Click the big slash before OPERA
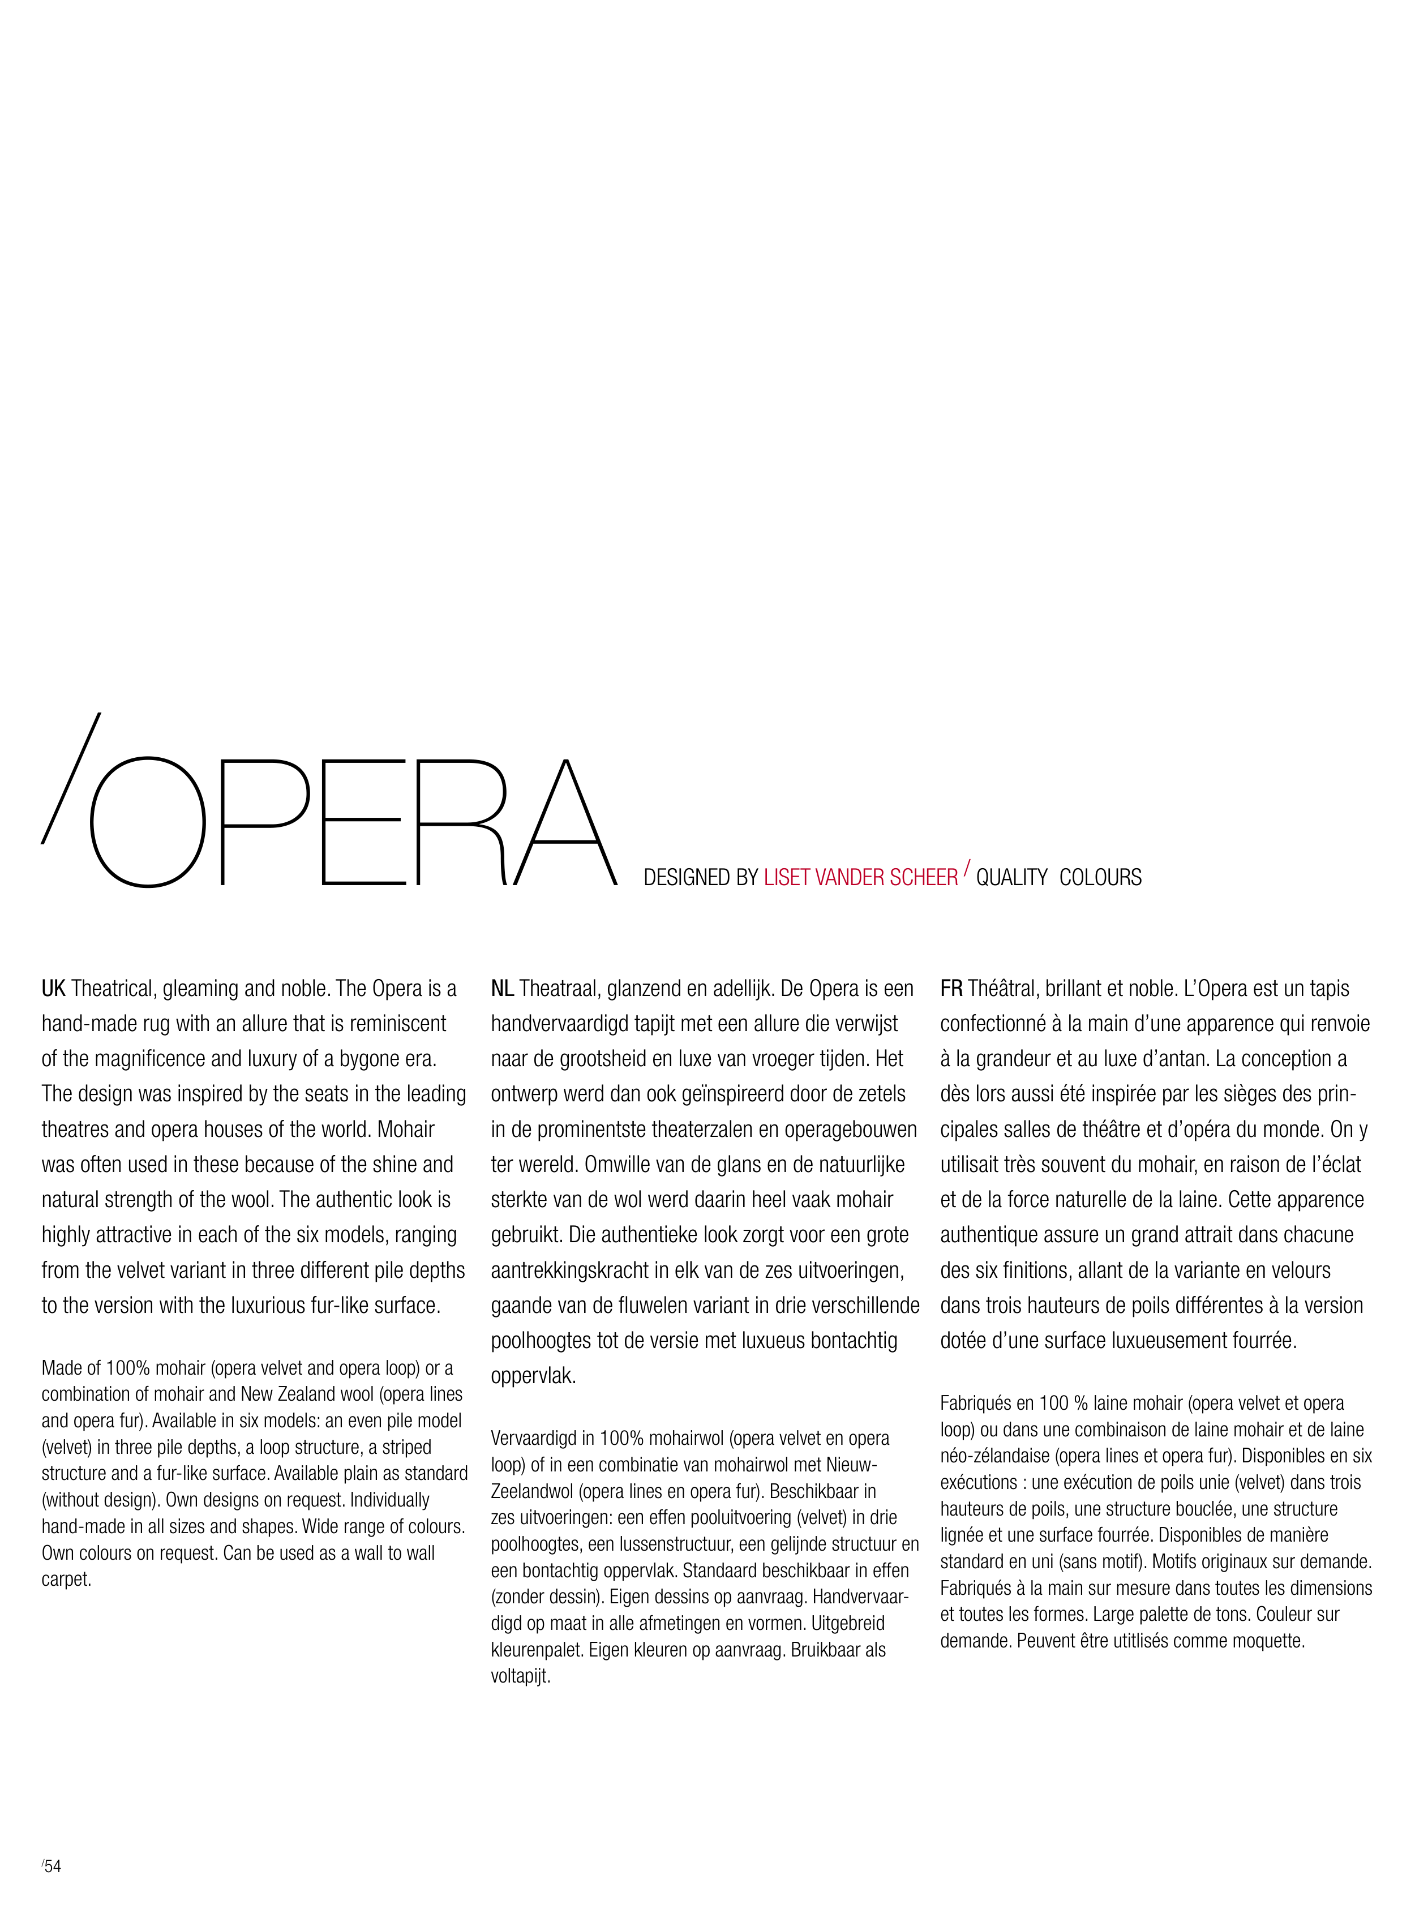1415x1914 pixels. click(x=70, y=778)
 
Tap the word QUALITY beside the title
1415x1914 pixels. click(x=1011, y=877)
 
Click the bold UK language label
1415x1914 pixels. click(x=53, y=988)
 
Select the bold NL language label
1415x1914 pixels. click(x=502, y=988)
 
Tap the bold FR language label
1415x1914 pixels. click(x=951, y=988)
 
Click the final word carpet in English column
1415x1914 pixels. click(x=66, y=1579)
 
